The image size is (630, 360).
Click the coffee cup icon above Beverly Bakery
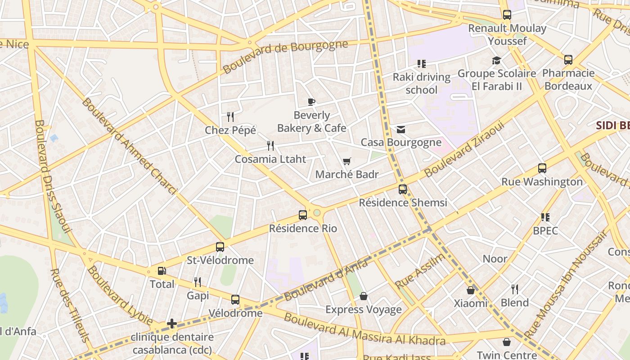point(311,102)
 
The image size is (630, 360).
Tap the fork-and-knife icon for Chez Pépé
point(230,117)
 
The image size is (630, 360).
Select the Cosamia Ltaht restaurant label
point(270,159)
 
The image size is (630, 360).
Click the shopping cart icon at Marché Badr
point(346,161)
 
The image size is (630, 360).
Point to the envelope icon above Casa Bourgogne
point(401,130)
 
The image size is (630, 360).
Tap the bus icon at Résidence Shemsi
point(403,189)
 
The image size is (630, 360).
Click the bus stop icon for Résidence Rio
point(303,215)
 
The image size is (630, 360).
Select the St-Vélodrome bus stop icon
point(220,247)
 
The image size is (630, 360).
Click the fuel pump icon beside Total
point(162,271)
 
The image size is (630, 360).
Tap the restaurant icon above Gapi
point(198,282)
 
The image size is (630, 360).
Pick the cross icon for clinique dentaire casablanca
point(171,324)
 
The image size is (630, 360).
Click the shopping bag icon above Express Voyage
point(364,296)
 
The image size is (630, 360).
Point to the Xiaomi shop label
point(470,303)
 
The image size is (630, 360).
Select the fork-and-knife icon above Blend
point(515,289)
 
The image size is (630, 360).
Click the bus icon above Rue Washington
point(542,168)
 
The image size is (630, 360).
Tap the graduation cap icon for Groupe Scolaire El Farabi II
point(496,60)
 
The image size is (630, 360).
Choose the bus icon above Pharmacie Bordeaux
point(568,59)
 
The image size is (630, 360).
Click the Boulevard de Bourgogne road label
point(285,57)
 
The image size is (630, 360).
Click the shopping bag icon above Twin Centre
point(507,342)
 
